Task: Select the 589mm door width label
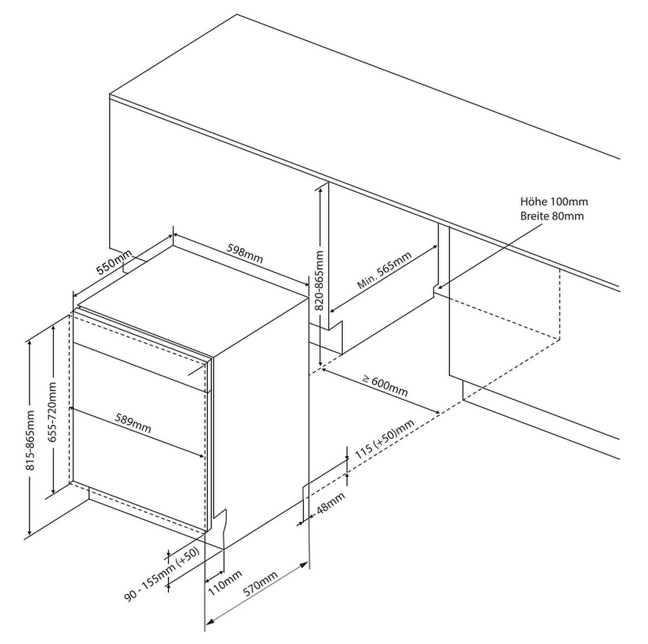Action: coord(133,423)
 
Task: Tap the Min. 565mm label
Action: coord(384,270)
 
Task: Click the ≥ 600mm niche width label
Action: coord(386,386)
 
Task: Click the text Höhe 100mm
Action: coord(554,201)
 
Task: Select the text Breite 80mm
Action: coord(552,215)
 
